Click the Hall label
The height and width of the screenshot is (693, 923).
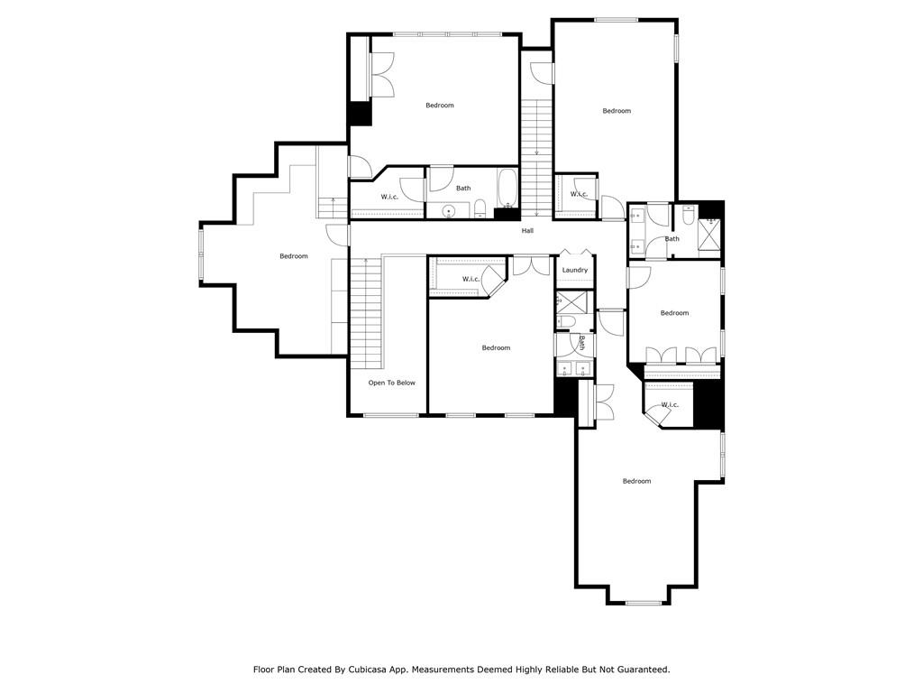527,231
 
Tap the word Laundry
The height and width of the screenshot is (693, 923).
575,270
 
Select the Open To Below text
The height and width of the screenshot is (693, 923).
391,383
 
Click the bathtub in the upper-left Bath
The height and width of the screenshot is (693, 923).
507,188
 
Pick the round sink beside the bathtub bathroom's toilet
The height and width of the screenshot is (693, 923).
448,212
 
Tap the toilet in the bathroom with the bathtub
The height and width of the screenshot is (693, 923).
480,209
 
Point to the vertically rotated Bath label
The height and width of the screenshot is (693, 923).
582,343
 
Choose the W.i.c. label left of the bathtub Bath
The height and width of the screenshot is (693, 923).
389,197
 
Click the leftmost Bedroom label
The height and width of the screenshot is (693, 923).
293,256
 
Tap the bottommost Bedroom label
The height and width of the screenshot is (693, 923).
636,481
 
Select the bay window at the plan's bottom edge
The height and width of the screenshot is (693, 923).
642,602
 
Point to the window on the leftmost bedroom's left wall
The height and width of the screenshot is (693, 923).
201,254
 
